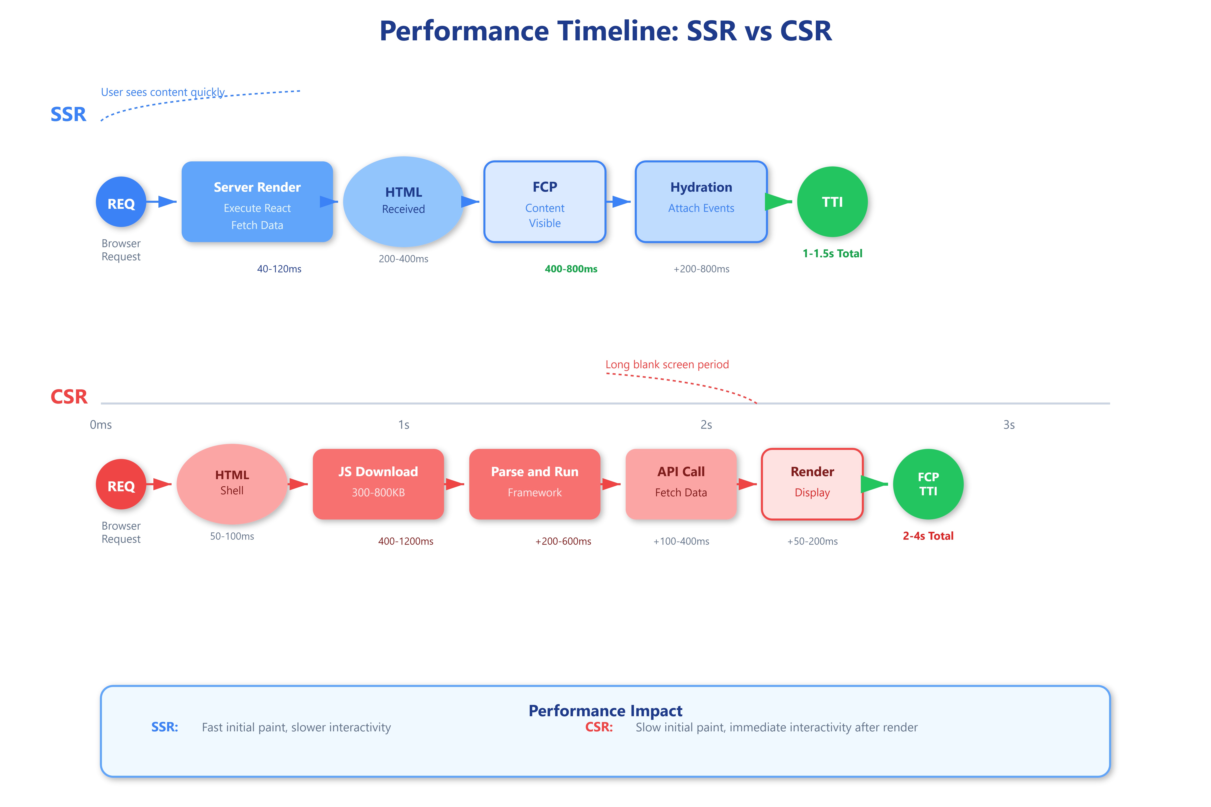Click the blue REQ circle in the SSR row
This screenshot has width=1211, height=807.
tap(121, 202)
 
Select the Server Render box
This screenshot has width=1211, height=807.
tap(257, 202)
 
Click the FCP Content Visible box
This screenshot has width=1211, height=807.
tap(545, 202)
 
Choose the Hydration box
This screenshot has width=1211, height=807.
tap(701, 202)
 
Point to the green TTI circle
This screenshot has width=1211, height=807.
tap(833, 202)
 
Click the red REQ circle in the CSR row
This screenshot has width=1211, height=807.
tap(121, 484)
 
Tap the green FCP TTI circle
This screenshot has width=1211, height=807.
tap(928, 484)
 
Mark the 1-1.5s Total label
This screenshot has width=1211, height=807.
tap(833, 253)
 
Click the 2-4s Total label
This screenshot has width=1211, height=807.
tap(928, 536)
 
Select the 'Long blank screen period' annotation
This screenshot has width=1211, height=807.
tap(667, 364)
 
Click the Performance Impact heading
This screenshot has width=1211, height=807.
tap(605, 711)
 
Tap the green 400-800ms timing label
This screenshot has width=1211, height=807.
tap(571, 269)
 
